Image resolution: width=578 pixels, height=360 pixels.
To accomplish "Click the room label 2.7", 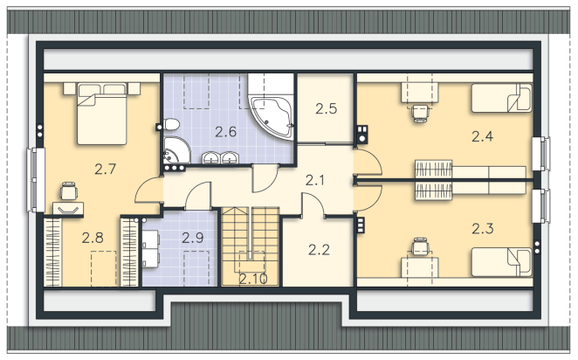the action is point(106,170).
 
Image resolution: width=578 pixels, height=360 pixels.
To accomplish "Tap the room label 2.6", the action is point(225,132).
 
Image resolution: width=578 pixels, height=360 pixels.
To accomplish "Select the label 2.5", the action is point(327,109).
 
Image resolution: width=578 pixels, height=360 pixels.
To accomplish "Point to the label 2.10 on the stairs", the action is point(253,279).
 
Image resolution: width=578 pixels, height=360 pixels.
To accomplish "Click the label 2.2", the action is point(320,250).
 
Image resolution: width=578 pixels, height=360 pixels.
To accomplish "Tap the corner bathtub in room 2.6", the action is point(272,117).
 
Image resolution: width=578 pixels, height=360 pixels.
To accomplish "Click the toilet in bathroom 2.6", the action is point(171,125).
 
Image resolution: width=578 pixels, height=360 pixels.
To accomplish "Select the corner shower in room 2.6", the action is point(176,150).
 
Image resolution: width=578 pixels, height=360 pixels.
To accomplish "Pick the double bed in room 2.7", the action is point(102,114).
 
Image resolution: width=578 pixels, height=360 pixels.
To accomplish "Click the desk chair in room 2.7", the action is point(69,191).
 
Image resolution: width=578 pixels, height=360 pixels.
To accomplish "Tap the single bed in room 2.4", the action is point(502,98).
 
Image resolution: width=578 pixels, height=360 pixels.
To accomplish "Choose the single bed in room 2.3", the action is point(502,262).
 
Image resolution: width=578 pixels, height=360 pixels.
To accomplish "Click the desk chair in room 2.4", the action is point(420,113).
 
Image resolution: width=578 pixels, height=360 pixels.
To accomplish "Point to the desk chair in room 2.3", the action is point(420,246).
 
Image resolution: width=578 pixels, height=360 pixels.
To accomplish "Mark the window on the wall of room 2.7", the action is point(36,180).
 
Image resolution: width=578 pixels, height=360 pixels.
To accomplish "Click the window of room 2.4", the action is point(541,154).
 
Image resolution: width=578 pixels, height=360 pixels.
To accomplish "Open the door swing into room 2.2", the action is point(313,204).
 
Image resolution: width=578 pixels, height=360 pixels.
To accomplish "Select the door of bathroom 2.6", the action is point(265,178).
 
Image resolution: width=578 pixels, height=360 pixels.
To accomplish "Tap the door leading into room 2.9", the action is point(198,196).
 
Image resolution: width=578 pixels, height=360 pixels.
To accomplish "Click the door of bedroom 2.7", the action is point(149,190).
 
